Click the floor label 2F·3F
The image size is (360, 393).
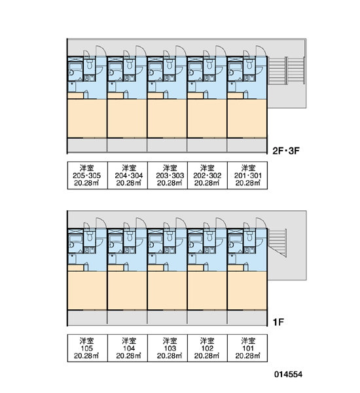point(286,151)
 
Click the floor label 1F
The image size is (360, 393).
point(278,322)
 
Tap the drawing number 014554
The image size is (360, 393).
point(288,375)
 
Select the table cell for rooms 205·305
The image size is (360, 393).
point(88,175)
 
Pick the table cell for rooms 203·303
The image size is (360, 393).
point(168,175)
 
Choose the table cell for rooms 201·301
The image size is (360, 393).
point(247,175)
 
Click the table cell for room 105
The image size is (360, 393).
point(88,348)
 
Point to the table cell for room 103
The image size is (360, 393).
point(168,348)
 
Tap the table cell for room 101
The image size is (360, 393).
point(247,348)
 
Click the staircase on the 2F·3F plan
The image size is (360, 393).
point(286,70)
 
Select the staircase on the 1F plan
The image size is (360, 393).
point(278,242)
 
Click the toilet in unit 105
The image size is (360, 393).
point(90,236)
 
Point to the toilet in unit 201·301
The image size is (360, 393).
point(249,64)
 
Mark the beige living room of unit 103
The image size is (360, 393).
point(167,291)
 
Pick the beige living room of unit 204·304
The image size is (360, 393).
point(127,119)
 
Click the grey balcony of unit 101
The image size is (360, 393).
point(247,318)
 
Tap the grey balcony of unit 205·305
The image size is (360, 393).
point(88,145)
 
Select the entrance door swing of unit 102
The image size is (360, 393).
point(221,223)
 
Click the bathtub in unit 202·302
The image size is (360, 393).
point(196,67)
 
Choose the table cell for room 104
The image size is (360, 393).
point(128,348)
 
